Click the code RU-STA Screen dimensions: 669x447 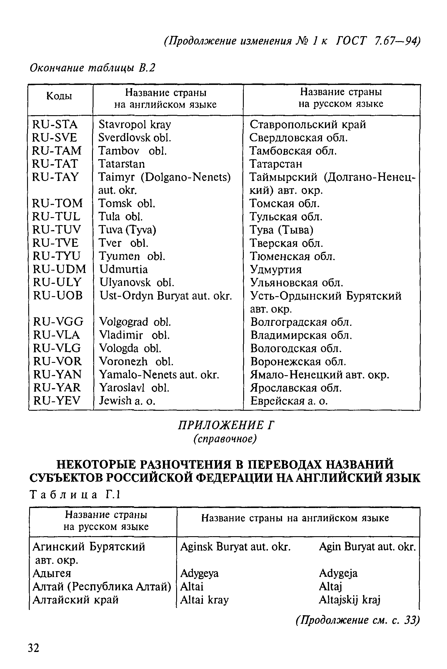pos(55,125)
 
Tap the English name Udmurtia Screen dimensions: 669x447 pos(124,269)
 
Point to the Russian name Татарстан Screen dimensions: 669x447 pos(276,164)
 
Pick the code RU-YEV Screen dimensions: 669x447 pos(57,400)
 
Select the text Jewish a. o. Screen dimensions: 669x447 pos(127,400)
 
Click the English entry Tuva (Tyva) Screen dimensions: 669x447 pos(127,229)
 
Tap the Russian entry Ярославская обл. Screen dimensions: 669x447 pos(296,388)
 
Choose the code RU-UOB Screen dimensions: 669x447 pos(58,296)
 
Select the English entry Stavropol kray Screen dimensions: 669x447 pos(135,125)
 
